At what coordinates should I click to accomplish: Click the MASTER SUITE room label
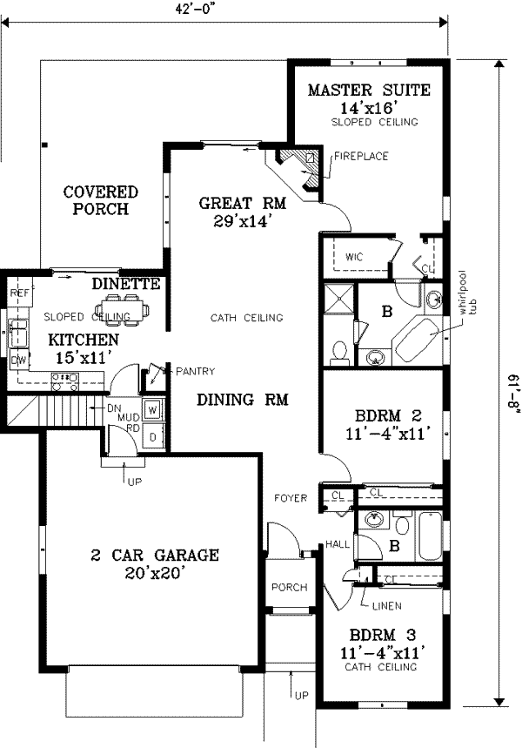pyautogui.click(x=369, y=91)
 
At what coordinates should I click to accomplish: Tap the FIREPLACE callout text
pyautogui.click(x=361, y=157)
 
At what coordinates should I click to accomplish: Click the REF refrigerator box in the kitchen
pyautogui.click(x=20, y=294)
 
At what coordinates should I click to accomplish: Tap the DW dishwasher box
pyautogui.click(x=18, y=360)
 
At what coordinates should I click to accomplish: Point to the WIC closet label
pyautogui.click(x=353, y=258)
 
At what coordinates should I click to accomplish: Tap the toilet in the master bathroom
pyautogui.click(x=339, y=350)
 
